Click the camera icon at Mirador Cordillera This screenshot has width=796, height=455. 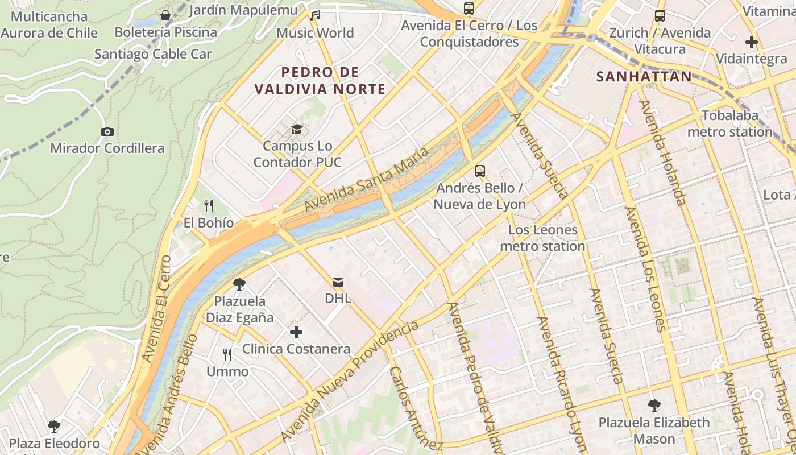[x=107, y=132]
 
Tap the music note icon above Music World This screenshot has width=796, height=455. [x=315, y=15]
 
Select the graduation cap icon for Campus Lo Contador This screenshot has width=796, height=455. [x=297, y=130]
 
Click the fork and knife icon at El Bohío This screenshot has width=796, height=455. [x=209, y=205]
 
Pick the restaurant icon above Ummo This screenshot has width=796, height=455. [x=227, y=355]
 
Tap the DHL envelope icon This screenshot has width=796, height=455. [x=338, y=282]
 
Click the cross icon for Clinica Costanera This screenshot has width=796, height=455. [x=296, y=332]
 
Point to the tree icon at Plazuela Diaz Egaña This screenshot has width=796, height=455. [x=239, y=284]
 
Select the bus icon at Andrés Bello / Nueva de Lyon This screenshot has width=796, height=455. [x=480, y=171]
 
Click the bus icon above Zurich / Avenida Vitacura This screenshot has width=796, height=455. [x=660, y=16]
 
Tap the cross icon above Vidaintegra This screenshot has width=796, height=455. [x=751, y=42]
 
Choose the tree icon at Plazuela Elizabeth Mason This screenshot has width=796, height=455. [x=654, y=406]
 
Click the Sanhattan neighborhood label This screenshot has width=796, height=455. [x=644, y=77]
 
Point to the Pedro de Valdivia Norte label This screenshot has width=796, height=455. [x=320, y=80]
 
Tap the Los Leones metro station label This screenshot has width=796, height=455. [x=542, y=238]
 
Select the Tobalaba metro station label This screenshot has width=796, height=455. [x=730, y=124]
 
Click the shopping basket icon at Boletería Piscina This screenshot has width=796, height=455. [x=165, y=15]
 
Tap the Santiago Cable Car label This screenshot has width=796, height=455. [x=153, y=54]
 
